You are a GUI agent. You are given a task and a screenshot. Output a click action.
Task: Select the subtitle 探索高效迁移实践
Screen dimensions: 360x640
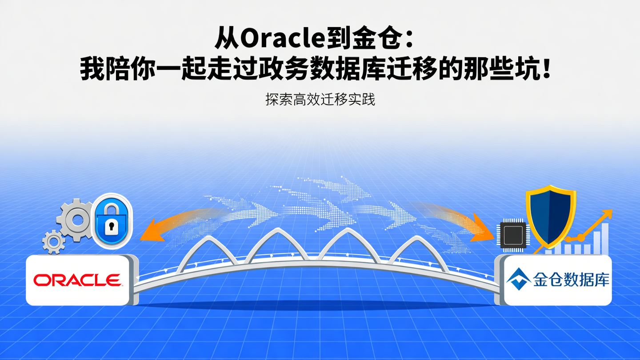click(320, 100)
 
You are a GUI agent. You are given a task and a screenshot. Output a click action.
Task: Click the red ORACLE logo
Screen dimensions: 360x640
click(77, 280)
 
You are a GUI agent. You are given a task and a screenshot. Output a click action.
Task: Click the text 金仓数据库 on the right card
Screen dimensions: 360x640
click(571, 280)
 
